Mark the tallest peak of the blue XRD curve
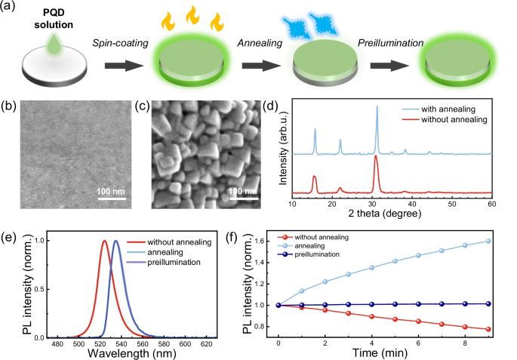377,106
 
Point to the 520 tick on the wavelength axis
94,340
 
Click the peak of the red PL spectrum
104,242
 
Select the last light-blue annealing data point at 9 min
488,242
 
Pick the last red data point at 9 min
488,329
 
